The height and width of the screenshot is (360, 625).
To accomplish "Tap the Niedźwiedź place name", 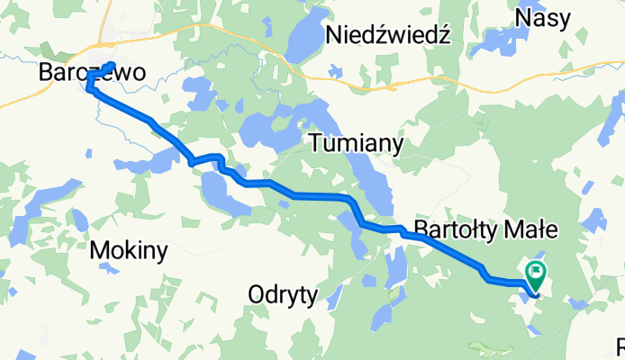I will click(388, 35).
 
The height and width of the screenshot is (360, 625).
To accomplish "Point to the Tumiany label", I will click(356, 143).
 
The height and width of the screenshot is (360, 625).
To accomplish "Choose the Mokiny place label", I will click(129, 252).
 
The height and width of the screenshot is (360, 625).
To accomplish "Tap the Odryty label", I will click(283, 294).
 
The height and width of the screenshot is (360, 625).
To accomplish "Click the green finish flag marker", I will click(538, 271).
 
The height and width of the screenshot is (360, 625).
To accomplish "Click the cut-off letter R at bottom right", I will click(620, 347).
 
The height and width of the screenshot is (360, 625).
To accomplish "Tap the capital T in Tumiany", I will click(317, 143).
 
